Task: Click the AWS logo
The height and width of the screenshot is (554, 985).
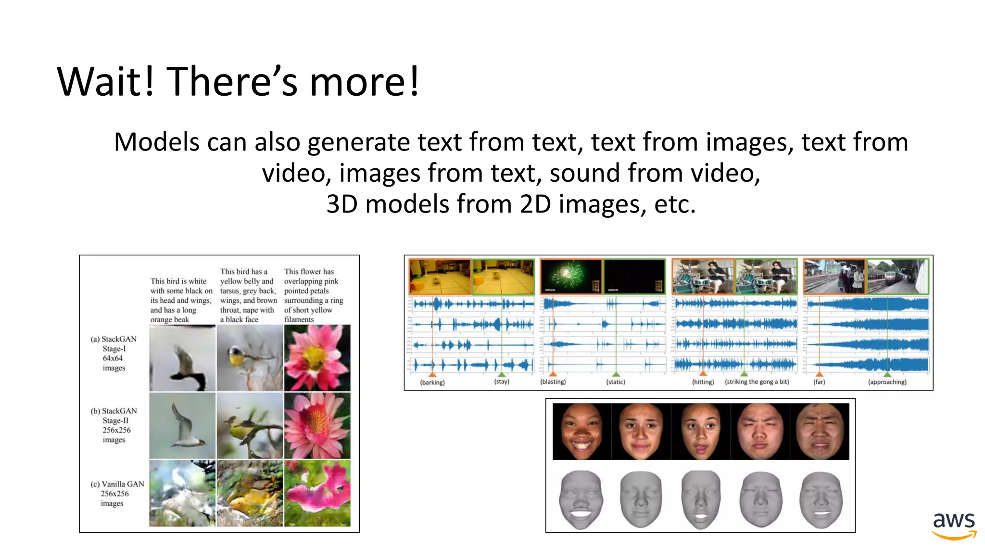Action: tap(954, 525)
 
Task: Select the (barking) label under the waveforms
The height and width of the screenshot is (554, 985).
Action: tap(432, 382)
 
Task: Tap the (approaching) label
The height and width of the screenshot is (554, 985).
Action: tap(887, 382)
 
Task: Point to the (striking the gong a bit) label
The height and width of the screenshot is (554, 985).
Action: tap(757, 382)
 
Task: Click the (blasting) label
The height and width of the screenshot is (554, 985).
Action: tap(553, 382)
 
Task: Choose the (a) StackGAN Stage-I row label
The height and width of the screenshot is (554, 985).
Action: tap(114, 353)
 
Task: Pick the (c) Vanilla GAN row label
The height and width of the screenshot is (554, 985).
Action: tap(117, 493)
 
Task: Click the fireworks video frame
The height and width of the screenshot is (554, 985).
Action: tap(570, 276)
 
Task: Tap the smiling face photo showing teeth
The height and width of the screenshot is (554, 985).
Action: tap(581, 431)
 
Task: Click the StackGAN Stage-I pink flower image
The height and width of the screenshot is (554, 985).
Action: tap(317, 358)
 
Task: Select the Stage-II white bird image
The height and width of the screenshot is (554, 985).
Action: tap(182, 426)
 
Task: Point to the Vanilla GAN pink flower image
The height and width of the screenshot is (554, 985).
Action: tap(317, 493)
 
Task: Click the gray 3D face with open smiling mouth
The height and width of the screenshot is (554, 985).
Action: tap(581, 500)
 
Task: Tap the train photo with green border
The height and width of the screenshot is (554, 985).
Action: tap(897, 276)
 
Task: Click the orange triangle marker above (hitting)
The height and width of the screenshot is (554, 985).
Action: tap(703, 373)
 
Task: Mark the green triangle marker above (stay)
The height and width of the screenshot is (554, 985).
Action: tap(502, 374)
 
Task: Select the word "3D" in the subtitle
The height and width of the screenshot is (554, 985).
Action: tap(342, 204)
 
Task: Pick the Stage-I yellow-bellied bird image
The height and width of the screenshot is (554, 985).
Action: tap(250, 358)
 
